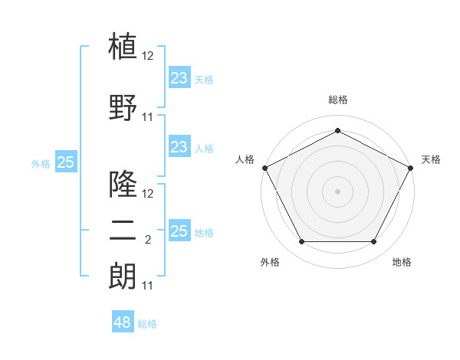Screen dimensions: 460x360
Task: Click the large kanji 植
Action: [x=123, y=46]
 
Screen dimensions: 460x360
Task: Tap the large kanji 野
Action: [x=123, y=107]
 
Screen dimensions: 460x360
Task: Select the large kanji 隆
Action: [x=123, y=184]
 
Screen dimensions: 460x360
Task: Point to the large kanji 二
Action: [x=123, y=231]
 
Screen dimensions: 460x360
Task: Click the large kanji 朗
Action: [x=123, y=277]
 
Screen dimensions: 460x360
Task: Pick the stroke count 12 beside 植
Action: [x=147, y=56]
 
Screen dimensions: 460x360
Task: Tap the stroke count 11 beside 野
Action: [x=147, y=117]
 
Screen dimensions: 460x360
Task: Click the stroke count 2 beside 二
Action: [x=148, y=240]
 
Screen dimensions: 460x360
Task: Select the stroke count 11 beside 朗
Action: [x=147, y=286]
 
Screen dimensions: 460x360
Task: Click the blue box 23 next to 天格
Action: [x=179, y=77]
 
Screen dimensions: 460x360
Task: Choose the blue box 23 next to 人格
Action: [x=179, y=146]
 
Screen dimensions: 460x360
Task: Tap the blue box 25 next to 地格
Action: [x=179, y=230]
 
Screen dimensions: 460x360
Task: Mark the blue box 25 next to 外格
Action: [x=66, y=162]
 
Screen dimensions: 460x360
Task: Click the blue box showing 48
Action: [x=123, y=321]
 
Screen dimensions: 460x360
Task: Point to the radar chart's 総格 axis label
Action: [x=338, y=100]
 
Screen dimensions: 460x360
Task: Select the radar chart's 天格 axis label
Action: [x=431, y=159]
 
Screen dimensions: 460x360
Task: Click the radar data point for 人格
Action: [x=265, y=168]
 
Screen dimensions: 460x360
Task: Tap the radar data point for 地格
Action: [x=373, y=241]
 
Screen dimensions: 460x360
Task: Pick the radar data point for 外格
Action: [x=301, y=241]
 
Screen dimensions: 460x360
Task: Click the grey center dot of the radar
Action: [x=337, y=191]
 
